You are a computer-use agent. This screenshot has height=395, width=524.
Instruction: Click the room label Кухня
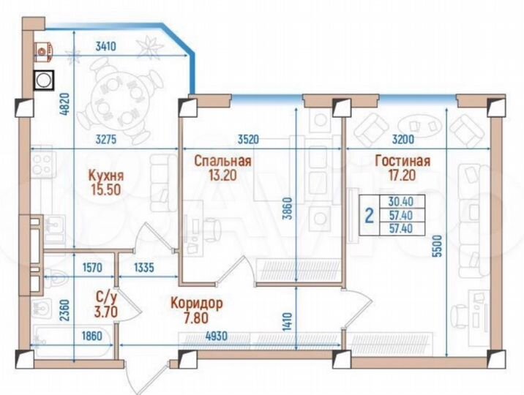[105, 176]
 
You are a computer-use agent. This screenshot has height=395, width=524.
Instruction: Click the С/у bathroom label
[103, 298]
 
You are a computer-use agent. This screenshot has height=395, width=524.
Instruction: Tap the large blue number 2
[369, 215]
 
